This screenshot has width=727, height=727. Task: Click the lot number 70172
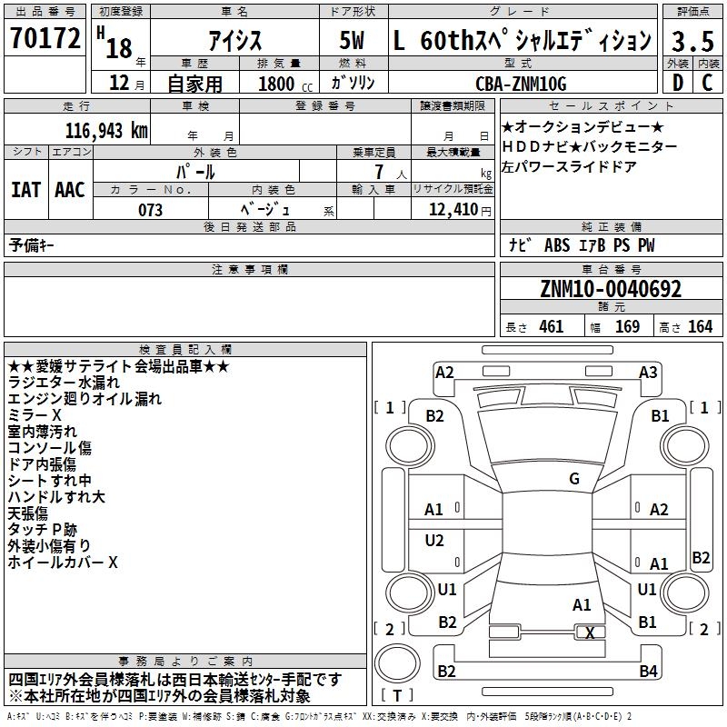(x=45, y=38)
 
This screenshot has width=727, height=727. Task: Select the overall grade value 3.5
(x=692, y=41)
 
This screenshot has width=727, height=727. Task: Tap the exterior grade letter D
(x=678, y=83)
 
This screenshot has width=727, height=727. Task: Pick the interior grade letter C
(x=707, y=83)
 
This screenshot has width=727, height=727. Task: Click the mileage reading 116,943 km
(x=106, y=131)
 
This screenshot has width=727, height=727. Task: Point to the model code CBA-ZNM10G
(x=521, y=84)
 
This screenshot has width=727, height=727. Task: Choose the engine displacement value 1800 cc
(x=285, y=84)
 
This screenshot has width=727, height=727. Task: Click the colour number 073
(x=150, y=210)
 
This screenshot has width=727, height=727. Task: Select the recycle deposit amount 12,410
(x=453, y=210)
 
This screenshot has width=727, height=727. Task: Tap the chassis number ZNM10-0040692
(x=611, y=289)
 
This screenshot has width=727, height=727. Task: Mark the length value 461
(x=552, y=326)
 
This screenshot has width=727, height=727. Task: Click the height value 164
(x=700, y=326)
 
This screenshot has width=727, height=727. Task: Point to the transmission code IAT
(x=25, y=190)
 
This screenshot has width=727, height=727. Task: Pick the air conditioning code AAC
(x=70, y=190)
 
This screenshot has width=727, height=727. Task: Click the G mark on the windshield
(x=574, y=479)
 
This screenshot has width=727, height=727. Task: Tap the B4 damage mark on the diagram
(x=648, y=671)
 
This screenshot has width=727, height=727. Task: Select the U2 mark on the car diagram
(x=434, y=540)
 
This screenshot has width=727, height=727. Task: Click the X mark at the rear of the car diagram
(x=590, y=632)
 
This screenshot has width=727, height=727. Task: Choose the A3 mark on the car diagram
(x=648, y=373)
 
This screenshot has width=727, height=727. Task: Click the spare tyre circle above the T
(x=397, y=663)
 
